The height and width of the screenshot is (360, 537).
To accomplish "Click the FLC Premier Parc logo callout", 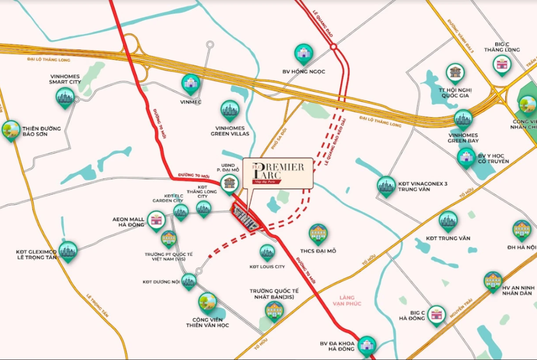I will (x=278, y=173).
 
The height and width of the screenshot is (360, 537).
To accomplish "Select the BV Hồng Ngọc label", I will (x=303, y=72).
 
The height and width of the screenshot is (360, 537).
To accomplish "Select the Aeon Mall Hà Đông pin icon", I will (x=157, y=221).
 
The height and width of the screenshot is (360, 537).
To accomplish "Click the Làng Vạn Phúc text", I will (x=347, y=301).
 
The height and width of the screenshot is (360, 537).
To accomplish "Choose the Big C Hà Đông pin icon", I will (x=436, y=315).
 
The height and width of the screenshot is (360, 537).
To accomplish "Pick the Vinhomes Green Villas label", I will (x=230, y=131).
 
